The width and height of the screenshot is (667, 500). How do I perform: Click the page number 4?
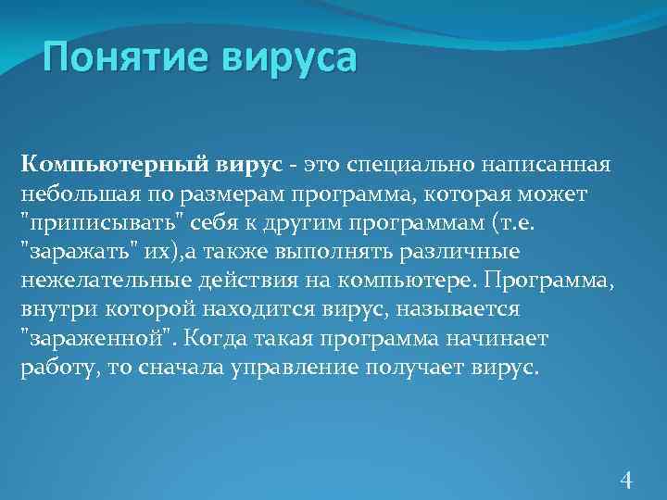pyautogui.click(x=626, y=479)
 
